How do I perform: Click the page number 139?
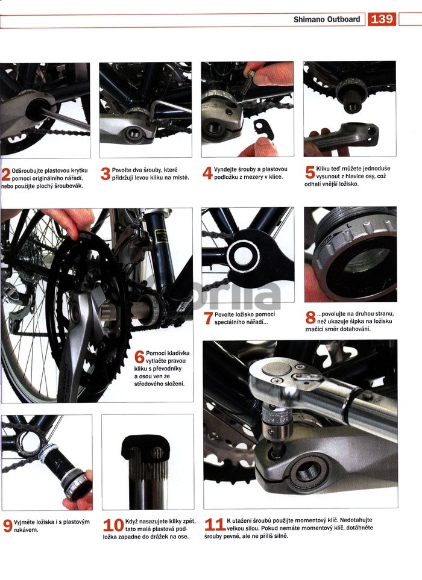click(x=382, y=19)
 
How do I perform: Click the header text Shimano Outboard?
click(x=327, y=19)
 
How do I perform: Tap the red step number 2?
click(x=6, y=175)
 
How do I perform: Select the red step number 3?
click(x=105, y=174)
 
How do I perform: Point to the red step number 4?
click(x=207, y=173)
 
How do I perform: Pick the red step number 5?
click(x=310, y=172)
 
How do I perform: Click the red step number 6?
click(x=139, y=357)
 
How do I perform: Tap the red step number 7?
click(x=209, y=318)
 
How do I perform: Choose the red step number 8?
click(x=310, y=317)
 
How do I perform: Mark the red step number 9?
click(x=7, y=526)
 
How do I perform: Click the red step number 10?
click(x=113, y=525)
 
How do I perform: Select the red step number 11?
click(x=215, y=525)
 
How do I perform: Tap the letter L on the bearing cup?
click(x=348, y=225)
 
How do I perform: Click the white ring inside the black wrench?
click(x=243, y=256)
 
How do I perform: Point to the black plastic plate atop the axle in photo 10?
click(x=145, y=447)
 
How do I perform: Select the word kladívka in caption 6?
click(x=177, y=353)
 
